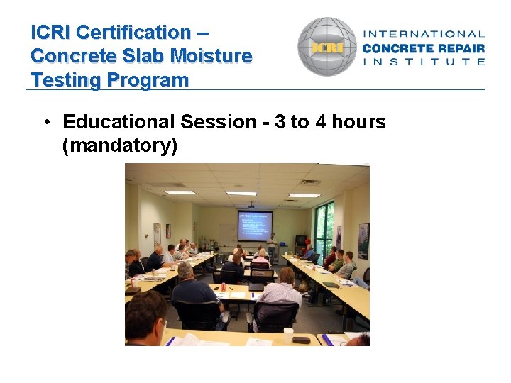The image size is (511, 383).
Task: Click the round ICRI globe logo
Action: (x=327, y=47)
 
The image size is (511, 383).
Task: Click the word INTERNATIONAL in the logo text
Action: (x=424, y=33)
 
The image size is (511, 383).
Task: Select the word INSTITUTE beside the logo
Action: (x=424, y=62)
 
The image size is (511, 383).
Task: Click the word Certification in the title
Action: (x=133, y=33)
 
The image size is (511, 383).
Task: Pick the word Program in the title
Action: (x=149, y=80)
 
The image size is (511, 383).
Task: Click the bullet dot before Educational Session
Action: (x=45, y=122)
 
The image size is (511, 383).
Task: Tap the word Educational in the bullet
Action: (x=119, y=122)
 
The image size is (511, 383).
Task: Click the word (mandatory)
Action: (x=119, y=146)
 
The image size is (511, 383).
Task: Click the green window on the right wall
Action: (x=324, y=227)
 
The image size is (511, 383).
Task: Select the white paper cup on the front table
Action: (x=288, y=335)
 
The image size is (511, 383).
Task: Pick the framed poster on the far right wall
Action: (x=363, y=240)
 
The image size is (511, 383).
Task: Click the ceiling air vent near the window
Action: (x=310, y=182)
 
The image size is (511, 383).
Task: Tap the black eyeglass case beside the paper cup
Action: (x=302, y=340)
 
